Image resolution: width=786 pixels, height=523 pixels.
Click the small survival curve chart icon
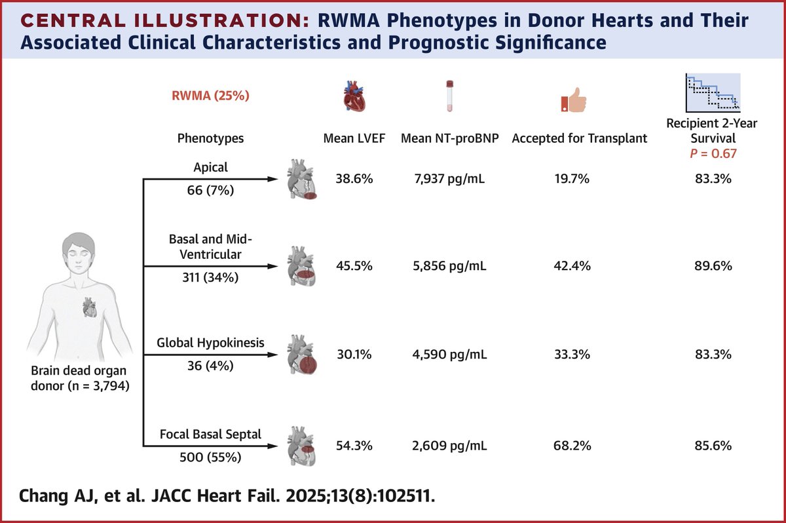(x=712, y=92)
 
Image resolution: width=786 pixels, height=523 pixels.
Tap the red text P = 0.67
(x=711, y=153)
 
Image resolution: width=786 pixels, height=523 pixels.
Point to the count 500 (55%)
(x=211, y=458)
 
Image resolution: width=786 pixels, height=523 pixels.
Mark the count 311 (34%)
(x=211, y=278)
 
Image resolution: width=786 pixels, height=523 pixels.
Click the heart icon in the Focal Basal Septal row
(x=301, y=445)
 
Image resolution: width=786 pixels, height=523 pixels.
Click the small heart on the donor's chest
(x=89, y=305)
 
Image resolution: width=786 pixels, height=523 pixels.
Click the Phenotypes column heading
(x=211, y=139)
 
